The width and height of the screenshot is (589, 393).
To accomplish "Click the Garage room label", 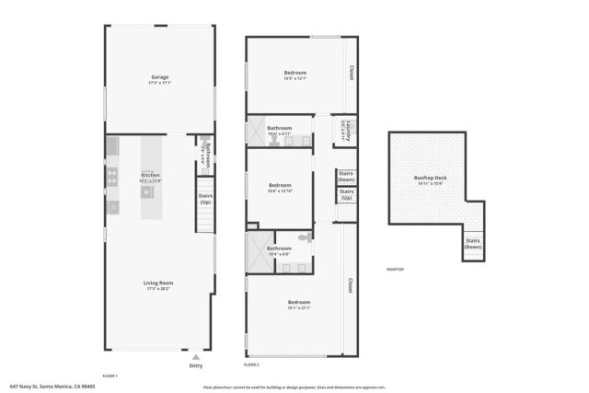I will point(159,79).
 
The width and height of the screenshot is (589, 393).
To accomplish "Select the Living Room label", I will point(159,285).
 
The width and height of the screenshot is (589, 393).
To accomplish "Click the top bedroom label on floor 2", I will point(295,75).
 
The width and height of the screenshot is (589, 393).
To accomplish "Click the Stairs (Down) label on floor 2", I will point(346,176).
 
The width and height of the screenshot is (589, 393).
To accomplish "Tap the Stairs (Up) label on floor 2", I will point(346,195).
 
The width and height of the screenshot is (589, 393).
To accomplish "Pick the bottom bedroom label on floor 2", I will point(299,305).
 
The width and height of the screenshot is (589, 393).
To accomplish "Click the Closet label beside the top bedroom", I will point(350,72).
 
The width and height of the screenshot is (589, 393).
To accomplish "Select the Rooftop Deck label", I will point(430,179).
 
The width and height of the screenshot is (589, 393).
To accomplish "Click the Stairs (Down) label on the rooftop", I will point(473,244).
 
